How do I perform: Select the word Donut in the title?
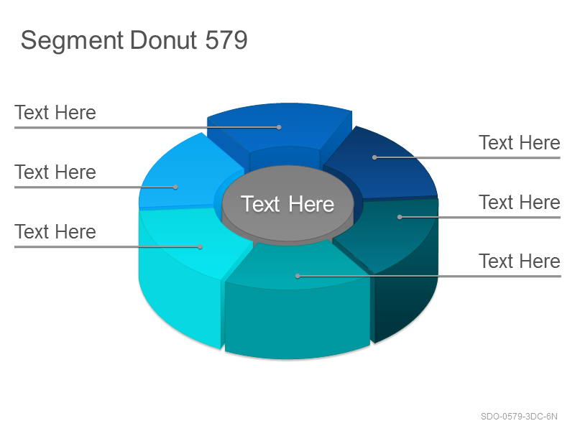click(x=164, y=40)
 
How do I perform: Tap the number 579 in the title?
click(x=226, y=40)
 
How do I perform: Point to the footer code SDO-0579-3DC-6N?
click(x=519, y=417)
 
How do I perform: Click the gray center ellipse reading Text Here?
click(x=288, y=203)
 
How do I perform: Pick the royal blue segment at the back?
click(x=280, y=132)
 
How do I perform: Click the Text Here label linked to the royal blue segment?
click(x=55, y=112)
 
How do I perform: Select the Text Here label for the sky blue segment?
click(x=55, y=172)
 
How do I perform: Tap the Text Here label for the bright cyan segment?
click(x=55, y=231)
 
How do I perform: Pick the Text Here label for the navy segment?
click(x=520, y=142)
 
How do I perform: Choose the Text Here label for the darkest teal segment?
click(x=520, y=202)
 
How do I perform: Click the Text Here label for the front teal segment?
click(x=520, y=261)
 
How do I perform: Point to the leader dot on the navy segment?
click(x=374, y=157)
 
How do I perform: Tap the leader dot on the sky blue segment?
click(x=175, y=187)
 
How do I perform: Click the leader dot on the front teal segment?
click(x=298, y=276)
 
